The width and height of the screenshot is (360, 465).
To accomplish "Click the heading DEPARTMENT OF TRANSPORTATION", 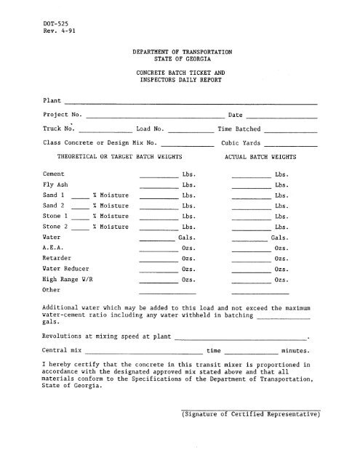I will coord(182,53).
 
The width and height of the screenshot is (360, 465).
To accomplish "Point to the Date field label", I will coord(235,115).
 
